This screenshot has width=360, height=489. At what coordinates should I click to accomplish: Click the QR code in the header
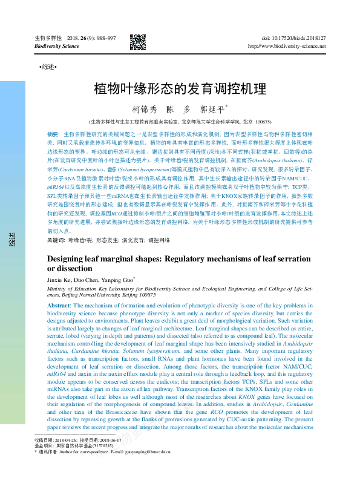[137, 41]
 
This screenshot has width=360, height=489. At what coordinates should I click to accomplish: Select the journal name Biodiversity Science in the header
[57, 46]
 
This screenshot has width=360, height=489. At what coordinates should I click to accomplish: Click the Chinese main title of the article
[180, 89]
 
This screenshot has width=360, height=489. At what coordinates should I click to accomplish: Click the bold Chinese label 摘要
[53, 133]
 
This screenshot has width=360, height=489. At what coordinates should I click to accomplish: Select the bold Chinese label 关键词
[56, 241]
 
